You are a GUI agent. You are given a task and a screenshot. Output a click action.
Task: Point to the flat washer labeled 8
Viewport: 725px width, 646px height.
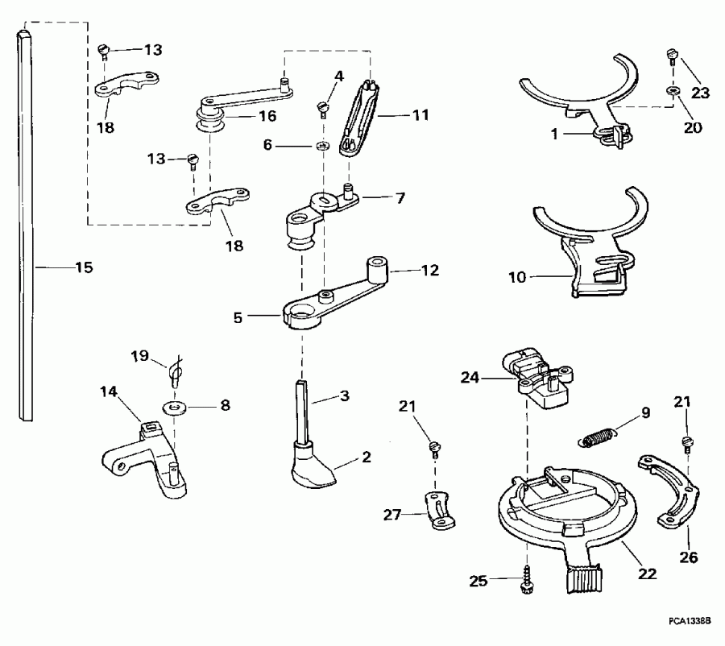click(x=172, y=407)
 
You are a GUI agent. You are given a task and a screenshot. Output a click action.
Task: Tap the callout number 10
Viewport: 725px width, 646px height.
click(x=516, y=277)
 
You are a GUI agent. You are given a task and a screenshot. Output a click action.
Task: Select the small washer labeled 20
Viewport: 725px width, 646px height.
click(x=671, y=93)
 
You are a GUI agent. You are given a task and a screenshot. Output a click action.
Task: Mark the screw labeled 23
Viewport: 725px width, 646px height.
click(x=671, y=56)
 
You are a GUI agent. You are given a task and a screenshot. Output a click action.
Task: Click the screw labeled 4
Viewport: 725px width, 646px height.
click(x=323, y=106)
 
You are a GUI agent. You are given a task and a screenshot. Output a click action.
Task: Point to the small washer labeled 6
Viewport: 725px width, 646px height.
click(x=321, y=146)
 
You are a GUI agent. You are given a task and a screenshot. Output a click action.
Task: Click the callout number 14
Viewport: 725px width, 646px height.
click(x=109, y=391)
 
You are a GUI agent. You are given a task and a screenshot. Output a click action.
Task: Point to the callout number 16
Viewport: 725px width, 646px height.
click(x=267, y=116)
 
